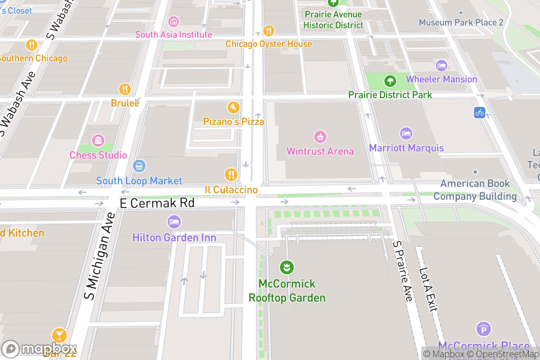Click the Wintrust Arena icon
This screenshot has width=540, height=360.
point(320,137)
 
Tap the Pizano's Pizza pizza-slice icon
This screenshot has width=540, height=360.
point(233,108)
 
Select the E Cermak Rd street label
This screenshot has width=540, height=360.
point(157,203)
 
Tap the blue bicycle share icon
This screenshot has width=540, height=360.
point(479,112)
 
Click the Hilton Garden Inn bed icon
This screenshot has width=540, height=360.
point(174,222)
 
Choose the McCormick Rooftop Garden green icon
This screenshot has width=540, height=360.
point(286,268)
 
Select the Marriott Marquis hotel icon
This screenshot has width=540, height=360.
point(406,133)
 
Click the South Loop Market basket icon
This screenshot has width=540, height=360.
point(139,166)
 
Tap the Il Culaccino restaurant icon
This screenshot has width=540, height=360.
point(231,175)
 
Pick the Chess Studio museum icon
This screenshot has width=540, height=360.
point(98,140)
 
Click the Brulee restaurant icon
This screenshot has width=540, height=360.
point(125,89)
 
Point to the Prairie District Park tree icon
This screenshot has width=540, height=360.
point(389,81)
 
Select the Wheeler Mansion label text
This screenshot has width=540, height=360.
point(441,79)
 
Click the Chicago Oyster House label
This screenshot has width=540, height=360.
point(269,44)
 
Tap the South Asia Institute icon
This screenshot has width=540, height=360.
point(173,21)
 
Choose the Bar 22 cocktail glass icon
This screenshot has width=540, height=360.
point(59,335)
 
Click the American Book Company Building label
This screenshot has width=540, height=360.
point(475,190)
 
